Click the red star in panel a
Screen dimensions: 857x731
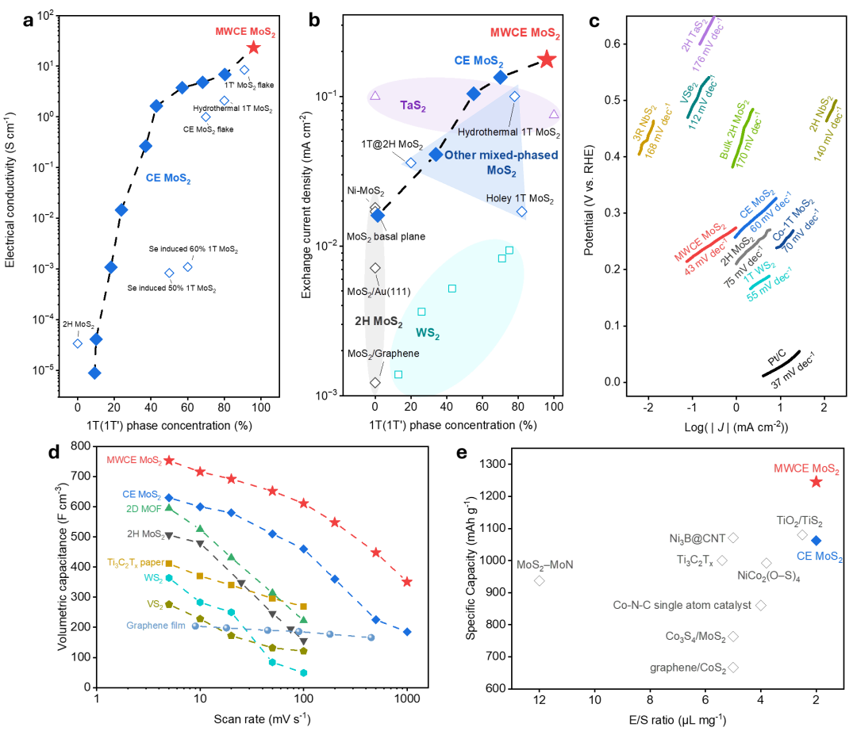[253, 48]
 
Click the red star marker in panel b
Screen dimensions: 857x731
[547, 59]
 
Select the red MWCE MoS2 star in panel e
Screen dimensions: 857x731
[816, 481]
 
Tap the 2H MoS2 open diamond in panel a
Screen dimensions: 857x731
[78, 343]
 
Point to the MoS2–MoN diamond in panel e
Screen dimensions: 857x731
[540, 580]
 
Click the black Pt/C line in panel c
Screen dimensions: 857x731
[782, 364]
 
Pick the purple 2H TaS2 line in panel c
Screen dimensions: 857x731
[707, 31]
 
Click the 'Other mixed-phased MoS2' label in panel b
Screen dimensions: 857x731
[502, 163]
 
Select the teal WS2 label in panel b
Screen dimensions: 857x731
[428, 334]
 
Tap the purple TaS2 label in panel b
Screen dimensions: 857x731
[413, 105]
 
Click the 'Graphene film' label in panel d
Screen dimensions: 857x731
[156, 626]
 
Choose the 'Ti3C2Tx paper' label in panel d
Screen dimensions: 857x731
[136, 563]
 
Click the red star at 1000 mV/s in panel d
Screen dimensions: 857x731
[406, 582]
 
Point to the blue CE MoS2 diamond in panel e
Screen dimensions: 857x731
[816, 541]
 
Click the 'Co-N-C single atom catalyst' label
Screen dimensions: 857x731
[682, 605]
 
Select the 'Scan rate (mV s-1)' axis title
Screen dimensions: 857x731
[262, 719]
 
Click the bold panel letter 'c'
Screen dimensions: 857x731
[594, 21]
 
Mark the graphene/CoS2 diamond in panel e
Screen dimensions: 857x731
[733, 667]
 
